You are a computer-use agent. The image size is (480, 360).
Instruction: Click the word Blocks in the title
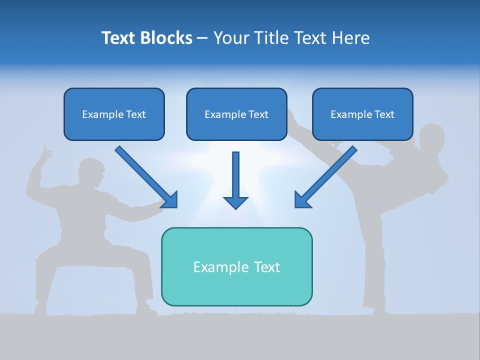pos(167,38)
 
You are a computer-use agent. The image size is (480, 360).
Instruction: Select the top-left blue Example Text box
pos(114,114)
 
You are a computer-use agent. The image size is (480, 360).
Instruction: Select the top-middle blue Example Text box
pos(236,114)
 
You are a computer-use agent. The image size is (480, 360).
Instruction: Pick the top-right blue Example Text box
pos(362,114)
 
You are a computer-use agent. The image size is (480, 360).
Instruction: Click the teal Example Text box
pos(236,266)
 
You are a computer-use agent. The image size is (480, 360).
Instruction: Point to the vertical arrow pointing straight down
pos(235,180)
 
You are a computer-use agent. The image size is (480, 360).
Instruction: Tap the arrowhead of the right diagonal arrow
pos(302,200)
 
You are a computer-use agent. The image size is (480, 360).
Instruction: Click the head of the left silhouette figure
pos(91,172)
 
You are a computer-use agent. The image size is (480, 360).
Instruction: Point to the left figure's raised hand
pos(46,152)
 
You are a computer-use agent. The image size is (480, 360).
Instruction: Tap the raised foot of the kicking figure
pos(292,116)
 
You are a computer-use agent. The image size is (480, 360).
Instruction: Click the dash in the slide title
pos(202,38)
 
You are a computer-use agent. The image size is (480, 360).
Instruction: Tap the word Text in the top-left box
pos(135,114)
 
